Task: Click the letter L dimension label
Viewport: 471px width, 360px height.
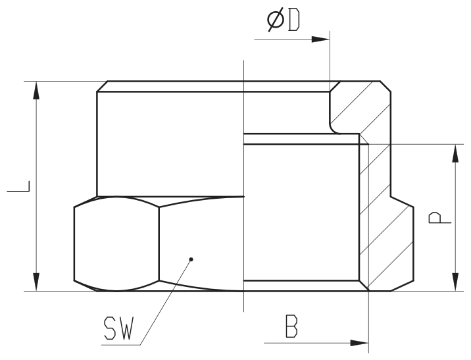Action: coord(18,186)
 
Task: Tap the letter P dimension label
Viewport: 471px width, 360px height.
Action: coord(439,218)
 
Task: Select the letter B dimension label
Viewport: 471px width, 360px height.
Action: coord(291,326)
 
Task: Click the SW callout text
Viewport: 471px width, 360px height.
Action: coord(118,328)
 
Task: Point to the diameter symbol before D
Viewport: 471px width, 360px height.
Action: coord(276,20)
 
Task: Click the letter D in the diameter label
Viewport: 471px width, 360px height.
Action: coord(294,20)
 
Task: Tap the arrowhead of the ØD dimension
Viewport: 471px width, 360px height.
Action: coord(321,39)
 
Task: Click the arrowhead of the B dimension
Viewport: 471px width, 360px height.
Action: coord(359,343)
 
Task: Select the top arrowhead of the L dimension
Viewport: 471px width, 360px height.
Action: coord(36,90)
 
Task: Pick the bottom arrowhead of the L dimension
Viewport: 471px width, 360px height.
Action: coord(36,282)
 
